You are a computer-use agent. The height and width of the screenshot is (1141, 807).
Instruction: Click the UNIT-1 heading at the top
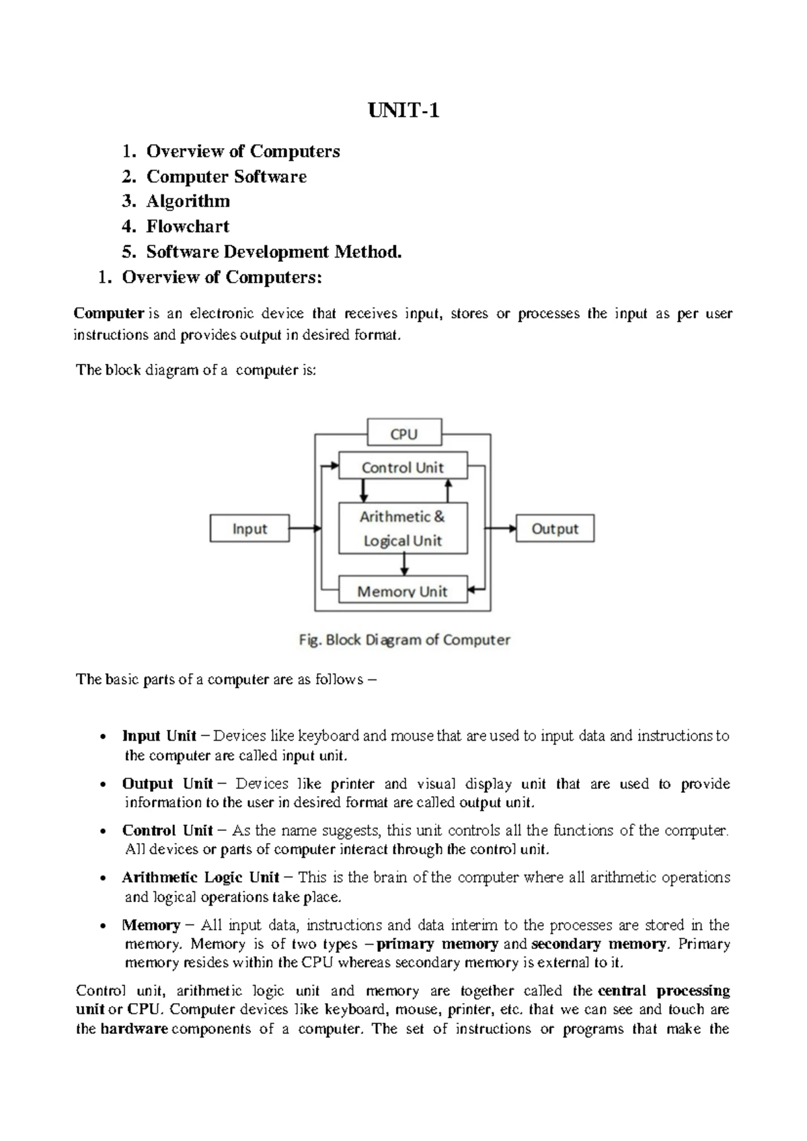[403, 110]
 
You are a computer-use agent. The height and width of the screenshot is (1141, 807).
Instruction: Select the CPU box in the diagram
[404, 434]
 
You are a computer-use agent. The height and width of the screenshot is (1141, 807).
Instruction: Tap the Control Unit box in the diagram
[402, 467]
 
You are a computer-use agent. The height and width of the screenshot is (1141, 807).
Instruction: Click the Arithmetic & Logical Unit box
[402, 528]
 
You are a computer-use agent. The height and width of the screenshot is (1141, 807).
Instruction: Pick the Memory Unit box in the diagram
[402, 591]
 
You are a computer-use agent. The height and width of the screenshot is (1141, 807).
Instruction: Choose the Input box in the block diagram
[249, 529]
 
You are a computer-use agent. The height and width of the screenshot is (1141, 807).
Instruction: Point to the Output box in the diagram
[555, 529]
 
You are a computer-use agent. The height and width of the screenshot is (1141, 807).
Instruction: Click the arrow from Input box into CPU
[305, 529]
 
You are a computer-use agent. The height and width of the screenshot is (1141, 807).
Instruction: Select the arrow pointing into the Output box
[501, 529]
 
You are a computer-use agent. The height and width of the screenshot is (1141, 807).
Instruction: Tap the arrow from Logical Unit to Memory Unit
[404, 564]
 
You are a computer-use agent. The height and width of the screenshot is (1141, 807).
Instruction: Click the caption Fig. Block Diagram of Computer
[404, 640]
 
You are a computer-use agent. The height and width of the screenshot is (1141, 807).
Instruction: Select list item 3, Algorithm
[188, 201]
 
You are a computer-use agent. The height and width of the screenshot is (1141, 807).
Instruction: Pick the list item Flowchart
[188, 227]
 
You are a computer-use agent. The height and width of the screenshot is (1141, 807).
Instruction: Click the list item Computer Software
[226, 176]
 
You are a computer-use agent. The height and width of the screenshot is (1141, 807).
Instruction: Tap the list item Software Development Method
[274, 252]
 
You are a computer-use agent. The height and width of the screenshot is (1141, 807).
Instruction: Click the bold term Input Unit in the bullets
[159, 736]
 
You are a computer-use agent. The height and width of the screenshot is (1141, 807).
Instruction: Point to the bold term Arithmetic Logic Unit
[200, 878]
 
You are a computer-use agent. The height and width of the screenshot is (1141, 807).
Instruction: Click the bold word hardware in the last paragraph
[134, 1029]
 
